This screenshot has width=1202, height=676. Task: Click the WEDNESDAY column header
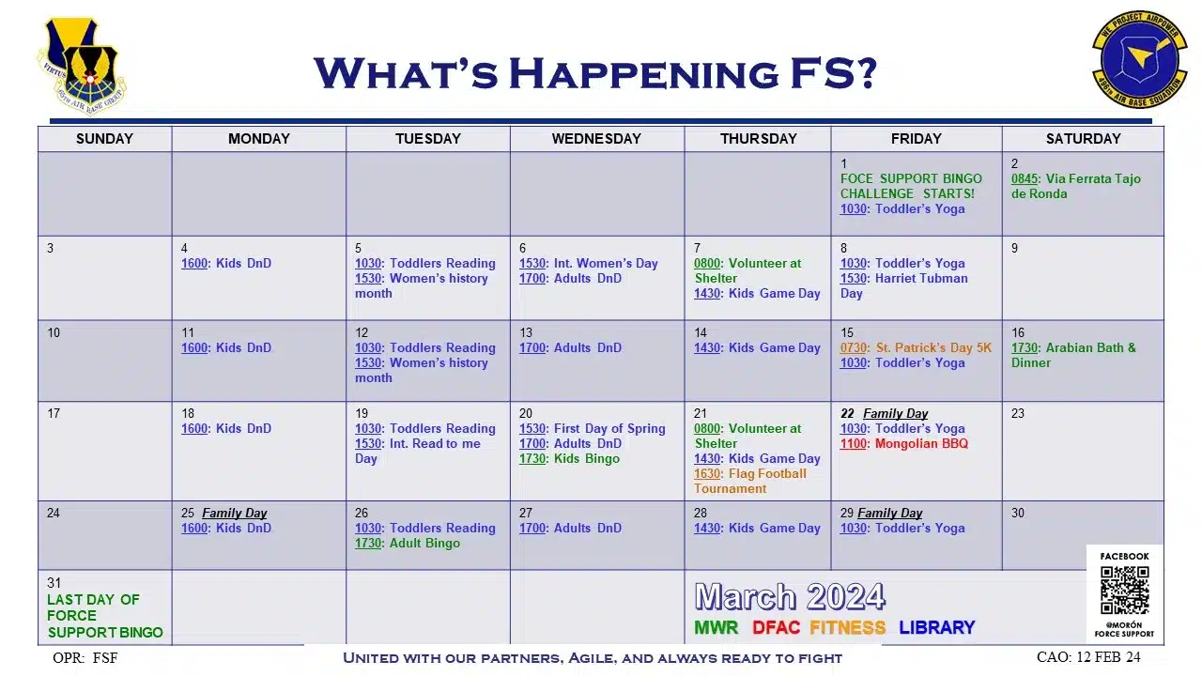(596, 139)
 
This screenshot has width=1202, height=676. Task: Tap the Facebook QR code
(1125, 591)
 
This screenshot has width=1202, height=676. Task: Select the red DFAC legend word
(776, 627)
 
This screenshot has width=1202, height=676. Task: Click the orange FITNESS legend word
(848, 627)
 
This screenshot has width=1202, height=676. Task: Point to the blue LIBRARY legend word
(937, 627)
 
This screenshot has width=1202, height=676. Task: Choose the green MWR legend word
(717, 627)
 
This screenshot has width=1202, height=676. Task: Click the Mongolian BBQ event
(904, 444)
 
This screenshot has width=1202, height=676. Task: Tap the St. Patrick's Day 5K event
(916, 347)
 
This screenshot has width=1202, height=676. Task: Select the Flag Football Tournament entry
(750, 482)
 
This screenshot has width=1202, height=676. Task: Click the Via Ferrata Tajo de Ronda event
(1076, 186)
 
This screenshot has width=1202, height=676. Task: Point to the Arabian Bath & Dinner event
(1073, 355)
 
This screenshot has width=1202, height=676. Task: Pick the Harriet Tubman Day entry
(904, 286)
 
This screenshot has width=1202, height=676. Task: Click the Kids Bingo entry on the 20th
(569, 459)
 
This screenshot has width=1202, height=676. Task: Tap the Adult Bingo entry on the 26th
(408, 543)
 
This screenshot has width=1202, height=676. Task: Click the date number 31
(54, 583)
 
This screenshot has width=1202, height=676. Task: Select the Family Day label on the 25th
(235, 513)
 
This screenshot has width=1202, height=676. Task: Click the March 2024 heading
(790, 596)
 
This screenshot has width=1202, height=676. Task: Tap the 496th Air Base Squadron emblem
(1140, 59)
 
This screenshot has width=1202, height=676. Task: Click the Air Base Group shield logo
(82, 66)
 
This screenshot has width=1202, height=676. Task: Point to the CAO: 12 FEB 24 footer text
(1088, 657)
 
